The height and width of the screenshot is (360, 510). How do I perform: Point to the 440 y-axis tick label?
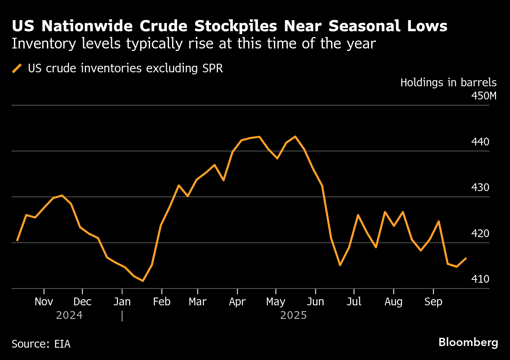tap(480, 142)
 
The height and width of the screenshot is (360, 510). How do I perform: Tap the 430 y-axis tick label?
tap(480, 188)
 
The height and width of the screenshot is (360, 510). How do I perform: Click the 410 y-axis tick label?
tap(480, 279)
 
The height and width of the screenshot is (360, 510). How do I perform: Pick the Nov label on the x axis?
tap(44, 302)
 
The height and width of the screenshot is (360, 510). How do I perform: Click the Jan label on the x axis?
tap(122, 302)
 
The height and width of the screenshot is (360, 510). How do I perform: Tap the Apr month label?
tap(237, 302)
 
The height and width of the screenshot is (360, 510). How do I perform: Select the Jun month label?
tap(315, 302)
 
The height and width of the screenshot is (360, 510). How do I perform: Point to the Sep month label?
tap(433, 302)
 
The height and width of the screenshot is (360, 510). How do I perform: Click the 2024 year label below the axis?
tap(69, 316)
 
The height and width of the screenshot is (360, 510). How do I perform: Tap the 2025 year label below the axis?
tap(293, 316)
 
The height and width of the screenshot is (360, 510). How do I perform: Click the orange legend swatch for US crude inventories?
tap(17, 68)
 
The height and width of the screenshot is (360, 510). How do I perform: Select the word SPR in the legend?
tap(213, 68)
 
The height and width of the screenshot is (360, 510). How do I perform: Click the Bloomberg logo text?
tap(468, 342)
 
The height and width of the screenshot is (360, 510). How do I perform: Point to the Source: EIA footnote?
tap(41, 344)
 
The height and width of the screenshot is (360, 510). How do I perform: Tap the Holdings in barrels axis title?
tap(448, 83)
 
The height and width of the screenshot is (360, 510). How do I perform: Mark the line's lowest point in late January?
tap(143, 281)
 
